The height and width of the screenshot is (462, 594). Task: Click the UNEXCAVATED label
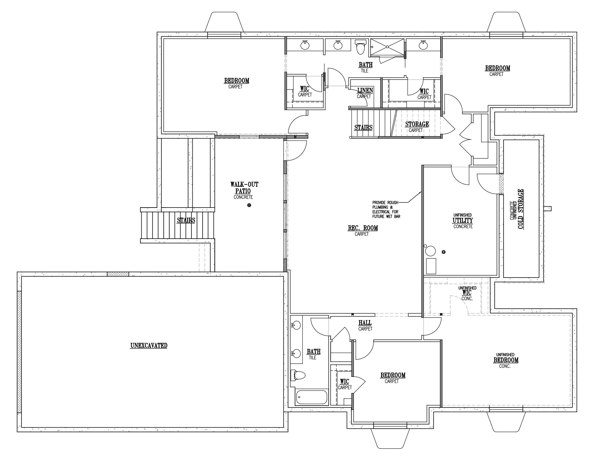149,346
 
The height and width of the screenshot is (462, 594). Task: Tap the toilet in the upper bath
360,47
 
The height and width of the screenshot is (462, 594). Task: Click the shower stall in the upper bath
387,48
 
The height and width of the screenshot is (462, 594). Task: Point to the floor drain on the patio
249,205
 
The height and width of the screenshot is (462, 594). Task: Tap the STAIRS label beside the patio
186,220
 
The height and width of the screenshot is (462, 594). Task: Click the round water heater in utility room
430,251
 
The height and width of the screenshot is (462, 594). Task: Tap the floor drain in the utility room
444,252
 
